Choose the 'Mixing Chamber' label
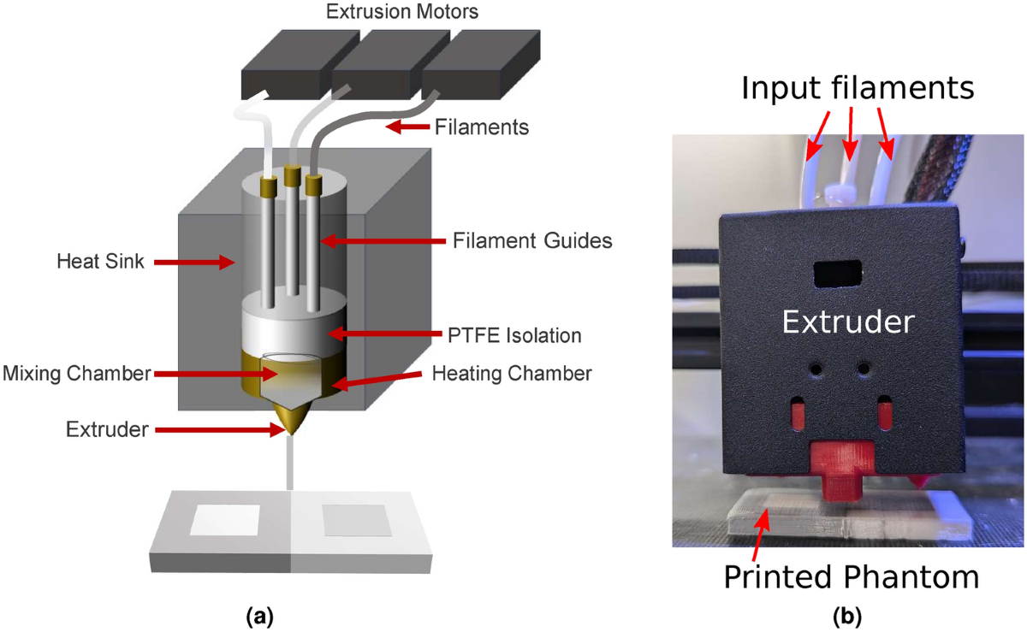click(75, 373)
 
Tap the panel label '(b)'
click(846, 614)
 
